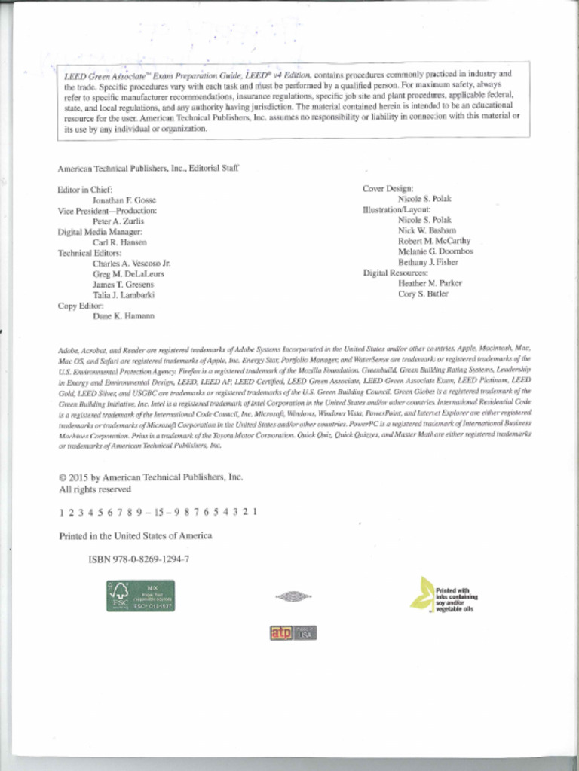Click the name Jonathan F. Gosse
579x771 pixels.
tap(124, 200)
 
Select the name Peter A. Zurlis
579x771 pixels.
tap(118, 221)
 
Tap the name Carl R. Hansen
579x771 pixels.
tap(119, 242)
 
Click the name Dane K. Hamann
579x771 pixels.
tap(123, 316)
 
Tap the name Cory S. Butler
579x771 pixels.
tap(423, 294)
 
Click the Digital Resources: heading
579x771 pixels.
tap(395, 273)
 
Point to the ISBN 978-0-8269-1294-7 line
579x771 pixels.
tap(139, 559)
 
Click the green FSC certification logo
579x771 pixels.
tap(140, 595)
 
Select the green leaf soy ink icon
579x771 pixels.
tap(422, 593)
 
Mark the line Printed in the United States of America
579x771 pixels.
tap(136, 535)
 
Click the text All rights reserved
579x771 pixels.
tap(95, 489)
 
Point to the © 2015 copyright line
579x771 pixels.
tap(151, 477)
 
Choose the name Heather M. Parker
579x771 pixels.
tap(430, 283)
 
